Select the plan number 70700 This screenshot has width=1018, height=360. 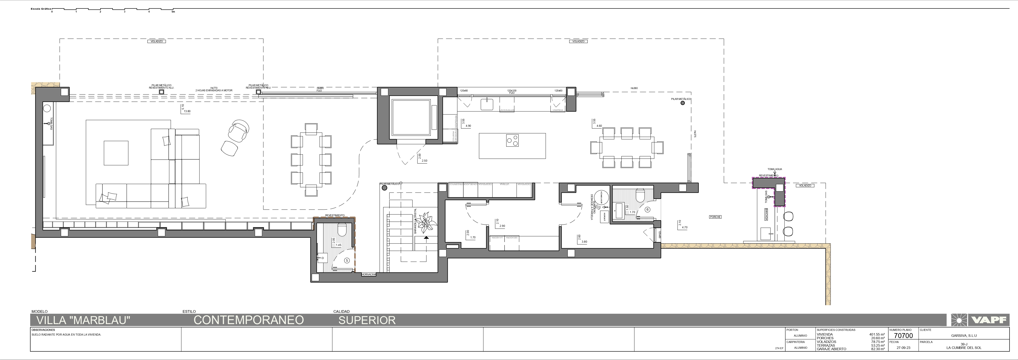(903, 336)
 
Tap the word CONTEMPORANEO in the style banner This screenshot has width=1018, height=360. (248, 320)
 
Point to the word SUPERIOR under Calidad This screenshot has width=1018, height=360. (367, 320)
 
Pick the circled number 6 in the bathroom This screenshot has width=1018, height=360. (647, 209)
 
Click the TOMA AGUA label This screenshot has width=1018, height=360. (775, 169)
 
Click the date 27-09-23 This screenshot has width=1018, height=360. (903, 348)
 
